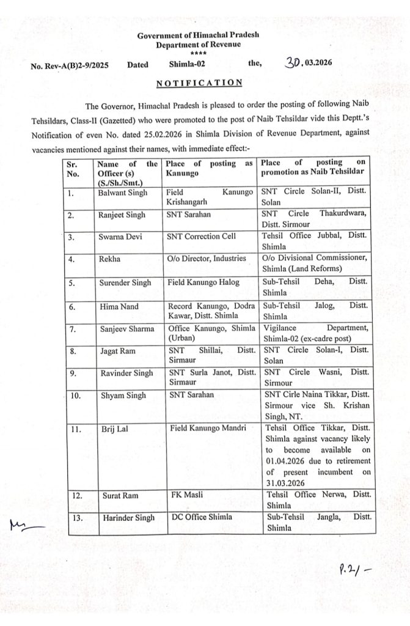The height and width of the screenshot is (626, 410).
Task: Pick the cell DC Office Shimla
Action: point(199,518)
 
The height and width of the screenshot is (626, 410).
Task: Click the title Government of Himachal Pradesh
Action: point(198,36)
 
